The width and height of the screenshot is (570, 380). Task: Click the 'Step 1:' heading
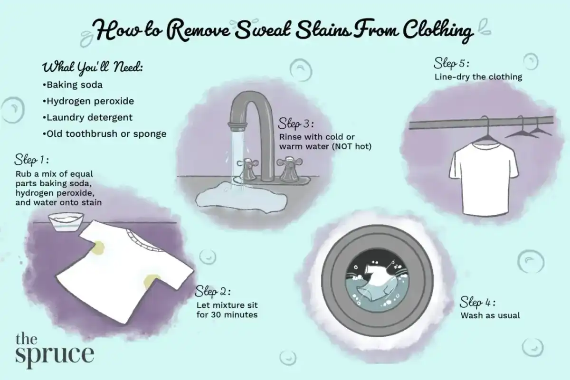(31, 160)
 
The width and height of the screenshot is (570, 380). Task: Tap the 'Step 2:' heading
(213, 292)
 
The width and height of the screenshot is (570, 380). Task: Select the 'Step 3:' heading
(295, 124)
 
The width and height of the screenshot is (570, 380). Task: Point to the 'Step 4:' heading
(477, 302)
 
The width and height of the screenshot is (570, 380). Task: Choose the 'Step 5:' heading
(451, 63)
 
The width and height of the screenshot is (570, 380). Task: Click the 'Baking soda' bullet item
(73, 85)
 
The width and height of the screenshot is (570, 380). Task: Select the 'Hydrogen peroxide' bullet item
(88, 101)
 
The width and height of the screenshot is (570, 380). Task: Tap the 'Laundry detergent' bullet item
(87, 118)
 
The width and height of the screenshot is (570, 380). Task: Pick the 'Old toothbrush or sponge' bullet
(104, 134)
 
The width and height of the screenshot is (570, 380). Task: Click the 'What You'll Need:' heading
(92, 67)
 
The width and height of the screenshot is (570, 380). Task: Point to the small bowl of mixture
(66, 222)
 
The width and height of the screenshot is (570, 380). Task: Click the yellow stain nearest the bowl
(98, 247)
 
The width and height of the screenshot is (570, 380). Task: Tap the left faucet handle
(247, 169)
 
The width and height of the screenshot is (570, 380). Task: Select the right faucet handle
(290, 169)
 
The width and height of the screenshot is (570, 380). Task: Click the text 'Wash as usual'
(490, 315)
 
